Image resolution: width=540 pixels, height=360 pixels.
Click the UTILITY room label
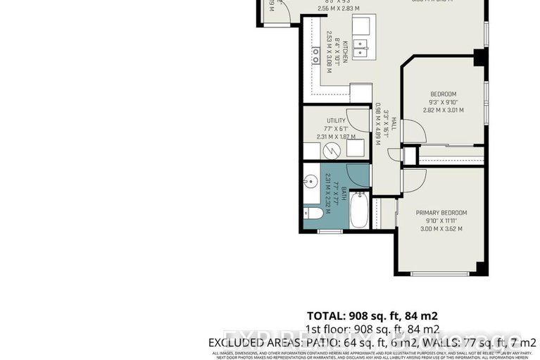click(x=336, y=121)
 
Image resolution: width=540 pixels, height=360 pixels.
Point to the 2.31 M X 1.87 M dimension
click(x=336, y=137)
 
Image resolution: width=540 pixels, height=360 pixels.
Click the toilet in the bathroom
click(x=314, y=213)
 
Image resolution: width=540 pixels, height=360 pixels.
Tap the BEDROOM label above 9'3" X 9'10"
click(x=444, y=94)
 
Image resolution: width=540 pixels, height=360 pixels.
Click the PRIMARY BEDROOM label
click(x=441, y=213)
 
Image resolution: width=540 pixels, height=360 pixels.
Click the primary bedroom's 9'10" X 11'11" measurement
click(x=441, y=221)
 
